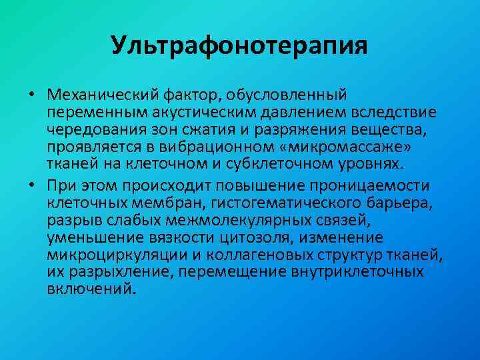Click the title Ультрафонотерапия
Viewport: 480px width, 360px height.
pos(239,46)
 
